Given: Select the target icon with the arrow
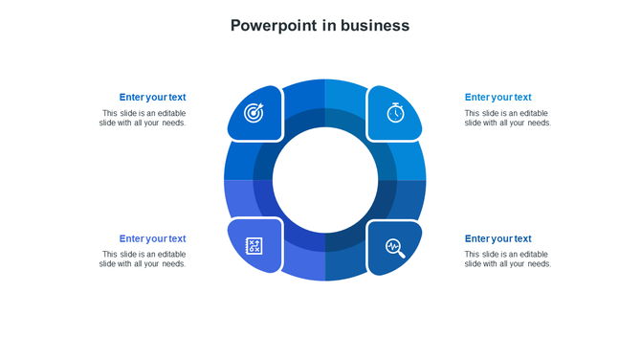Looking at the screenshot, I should (254, 113).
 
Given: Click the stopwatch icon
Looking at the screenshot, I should (395, 112).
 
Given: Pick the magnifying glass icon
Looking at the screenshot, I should (395, 248).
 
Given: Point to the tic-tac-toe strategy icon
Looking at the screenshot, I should (254, 247).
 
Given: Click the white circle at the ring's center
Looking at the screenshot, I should (325, 179).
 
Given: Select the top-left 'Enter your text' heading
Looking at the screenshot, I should (152, 97).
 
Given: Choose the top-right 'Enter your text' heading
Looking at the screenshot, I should (497, 97).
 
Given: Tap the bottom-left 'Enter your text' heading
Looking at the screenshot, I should (152, 238).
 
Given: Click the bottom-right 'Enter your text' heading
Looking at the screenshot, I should (497, 238).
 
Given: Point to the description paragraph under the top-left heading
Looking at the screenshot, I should (143, 118).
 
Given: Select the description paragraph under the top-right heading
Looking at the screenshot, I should (508, 118).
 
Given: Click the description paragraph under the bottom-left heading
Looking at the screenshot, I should (143, 259).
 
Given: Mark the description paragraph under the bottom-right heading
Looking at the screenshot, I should (508, 259).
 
